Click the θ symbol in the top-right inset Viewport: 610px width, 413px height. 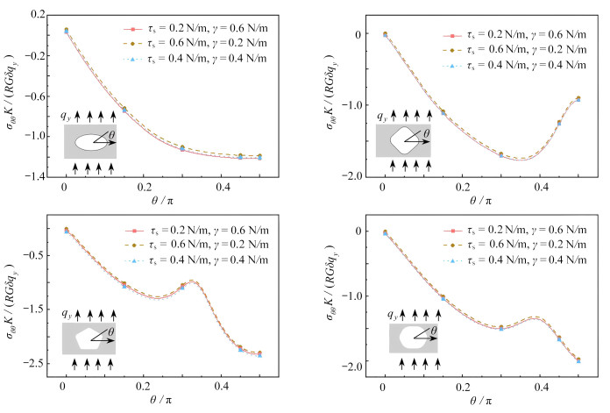428,133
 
